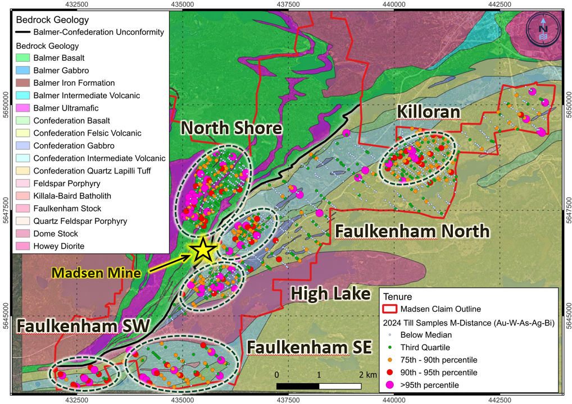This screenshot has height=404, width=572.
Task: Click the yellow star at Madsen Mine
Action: pyautogui.click(x=203, y=250)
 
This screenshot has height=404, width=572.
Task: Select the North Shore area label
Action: pyautogui.click(x=230, y=128)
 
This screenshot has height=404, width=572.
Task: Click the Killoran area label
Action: pyautogui.click(x=429, y=112)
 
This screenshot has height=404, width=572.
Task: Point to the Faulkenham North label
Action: pyautogui.click(x=412, y=231)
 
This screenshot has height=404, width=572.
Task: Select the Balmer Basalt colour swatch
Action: pyautogui.click(x=22, y=58)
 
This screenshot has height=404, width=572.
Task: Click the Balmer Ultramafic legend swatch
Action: pyautogui.click(x=22, y=108)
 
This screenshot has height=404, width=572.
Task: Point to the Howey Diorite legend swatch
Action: pyautogui.click(x=22, y=246)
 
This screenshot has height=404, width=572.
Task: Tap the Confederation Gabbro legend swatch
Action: pyautogui.click(x=22, y=146)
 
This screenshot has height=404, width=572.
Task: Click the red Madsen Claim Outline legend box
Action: pyautogui.click(x=389, y=309)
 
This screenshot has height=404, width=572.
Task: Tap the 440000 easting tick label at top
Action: pyautogui.click(x=393, y=4)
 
